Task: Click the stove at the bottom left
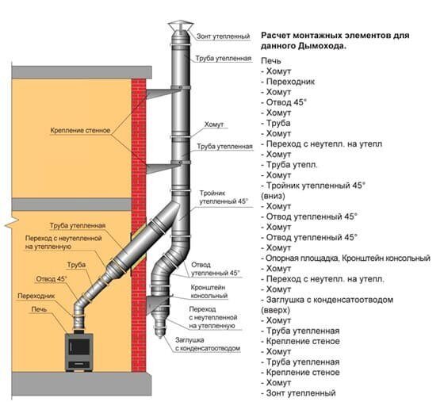click(x=79, y=352)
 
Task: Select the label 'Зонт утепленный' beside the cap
click(x=224, y=36)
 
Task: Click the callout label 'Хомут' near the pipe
click(x=214, y=124)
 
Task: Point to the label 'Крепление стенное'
click(x=80, y=131)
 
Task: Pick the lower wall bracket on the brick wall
click(x=163, y=167)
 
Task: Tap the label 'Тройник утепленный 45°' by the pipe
click(x=224, y=197)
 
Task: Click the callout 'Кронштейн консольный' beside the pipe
click(x=209, y=292)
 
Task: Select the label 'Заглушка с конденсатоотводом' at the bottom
click(x=208, y=344)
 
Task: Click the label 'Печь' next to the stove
click(x=39, y=309)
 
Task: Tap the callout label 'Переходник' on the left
click(x=36, y=296)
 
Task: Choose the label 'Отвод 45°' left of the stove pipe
click(x=52, y=279)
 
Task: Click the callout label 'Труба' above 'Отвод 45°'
click(x=76, y=266)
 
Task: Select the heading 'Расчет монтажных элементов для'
click(x=335, y=36)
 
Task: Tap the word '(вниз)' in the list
click(x=273, y=196)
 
